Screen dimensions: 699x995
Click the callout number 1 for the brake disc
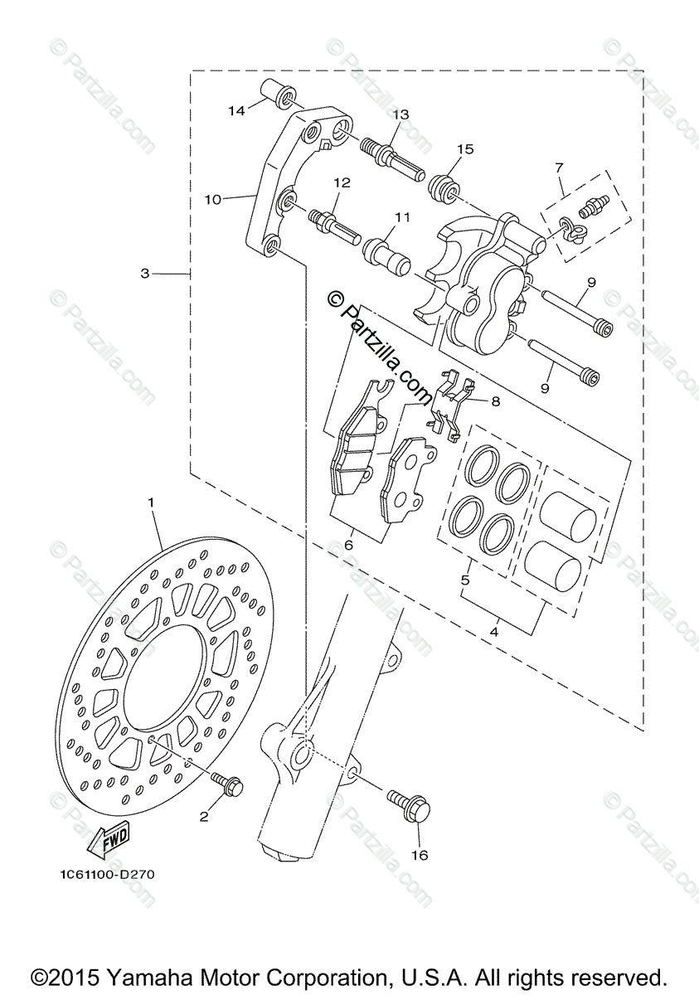click(x=152, y=502)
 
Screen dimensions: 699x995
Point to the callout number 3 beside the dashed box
click(x=145, y=273)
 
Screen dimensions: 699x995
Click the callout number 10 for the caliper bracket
click(x=214, y=199)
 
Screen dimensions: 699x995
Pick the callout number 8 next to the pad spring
click(x=495, y=401)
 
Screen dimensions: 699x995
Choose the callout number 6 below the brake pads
click(x=348, y=545)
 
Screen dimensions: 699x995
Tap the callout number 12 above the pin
click(x=342, y=182)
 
